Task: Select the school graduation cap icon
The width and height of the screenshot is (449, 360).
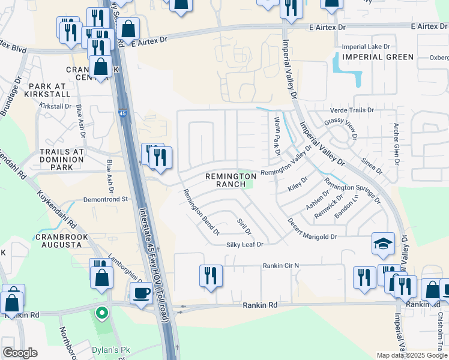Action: tap(382, 244)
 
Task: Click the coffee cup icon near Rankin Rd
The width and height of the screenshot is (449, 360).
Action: tap(142, 293)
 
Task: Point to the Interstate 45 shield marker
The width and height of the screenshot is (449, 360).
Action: tap(122, 113)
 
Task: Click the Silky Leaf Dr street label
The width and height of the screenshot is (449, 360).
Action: tap(245, 244)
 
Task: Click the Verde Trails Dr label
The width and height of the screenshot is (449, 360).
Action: tap(351, 110)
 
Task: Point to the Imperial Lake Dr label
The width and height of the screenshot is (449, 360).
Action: tap(366, 47)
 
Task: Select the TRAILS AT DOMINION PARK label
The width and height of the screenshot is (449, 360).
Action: tap(61, 156)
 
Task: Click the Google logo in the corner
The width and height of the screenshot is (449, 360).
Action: tap(20, 353)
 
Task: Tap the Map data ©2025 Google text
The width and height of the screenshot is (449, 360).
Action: tap(412, 355)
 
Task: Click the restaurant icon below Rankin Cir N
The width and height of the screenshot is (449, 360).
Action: tap(211, 276)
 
